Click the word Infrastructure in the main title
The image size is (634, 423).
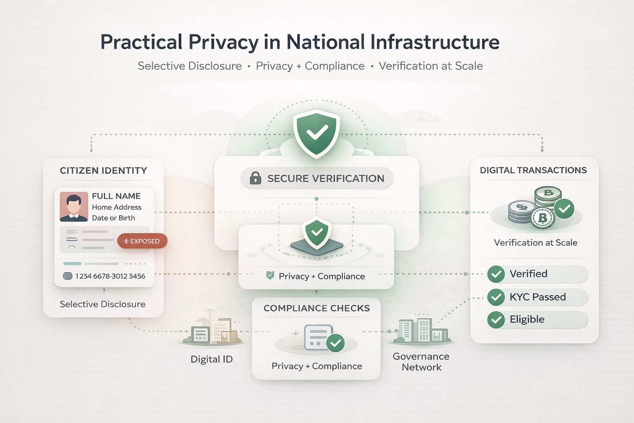click(435, 42)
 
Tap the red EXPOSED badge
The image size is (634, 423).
click(142, 241)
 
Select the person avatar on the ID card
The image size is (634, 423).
click(73, 206)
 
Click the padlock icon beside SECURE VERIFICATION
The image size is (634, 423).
click(255, 178)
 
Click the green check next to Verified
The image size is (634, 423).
click(496, 274)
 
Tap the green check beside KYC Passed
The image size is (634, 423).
click(496, 297)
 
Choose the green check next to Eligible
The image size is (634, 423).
click(496, 319)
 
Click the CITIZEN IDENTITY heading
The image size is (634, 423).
click(103, 171)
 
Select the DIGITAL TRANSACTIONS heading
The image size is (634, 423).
click(533, 170)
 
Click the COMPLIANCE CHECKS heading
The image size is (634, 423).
click(317, 308)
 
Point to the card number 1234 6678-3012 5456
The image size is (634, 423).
click(110, 276)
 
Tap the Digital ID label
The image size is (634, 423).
click(211, 359)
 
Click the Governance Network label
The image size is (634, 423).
click(421, 361)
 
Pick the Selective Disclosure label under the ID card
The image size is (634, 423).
click(102, 304)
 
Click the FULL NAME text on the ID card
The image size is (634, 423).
click(116, 196)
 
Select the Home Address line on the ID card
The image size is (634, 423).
click(116, 207)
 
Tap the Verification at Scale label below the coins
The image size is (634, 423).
click(535, 243)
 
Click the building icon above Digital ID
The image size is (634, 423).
click(213, 331)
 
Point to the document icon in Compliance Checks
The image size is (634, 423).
click(318, 337)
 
